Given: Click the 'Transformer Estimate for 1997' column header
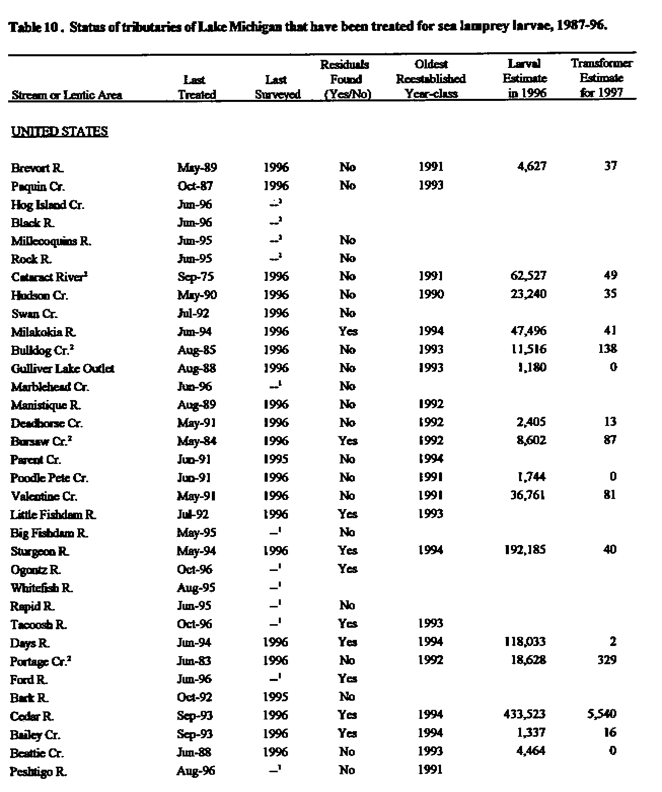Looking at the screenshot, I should click(x=601, y=78).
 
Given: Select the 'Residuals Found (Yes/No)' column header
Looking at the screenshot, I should click(x=345, y=79).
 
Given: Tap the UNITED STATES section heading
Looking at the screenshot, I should click(x=59, y=132).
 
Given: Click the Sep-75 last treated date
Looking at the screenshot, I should click(x=196, y=277).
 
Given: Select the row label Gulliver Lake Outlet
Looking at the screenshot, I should click(x=62, y=369).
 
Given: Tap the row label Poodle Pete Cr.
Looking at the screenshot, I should click(x=49, y=478).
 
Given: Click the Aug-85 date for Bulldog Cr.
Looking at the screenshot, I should click(x=197, y=350).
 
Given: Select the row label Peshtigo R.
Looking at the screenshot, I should click(x=38, y=772).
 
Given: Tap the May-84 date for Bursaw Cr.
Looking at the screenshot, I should click(x=197, y=441).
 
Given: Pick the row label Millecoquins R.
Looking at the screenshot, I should click(x=51, y=241).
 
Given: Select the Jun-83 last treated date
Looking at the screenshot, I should click(x=195, y=661).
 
